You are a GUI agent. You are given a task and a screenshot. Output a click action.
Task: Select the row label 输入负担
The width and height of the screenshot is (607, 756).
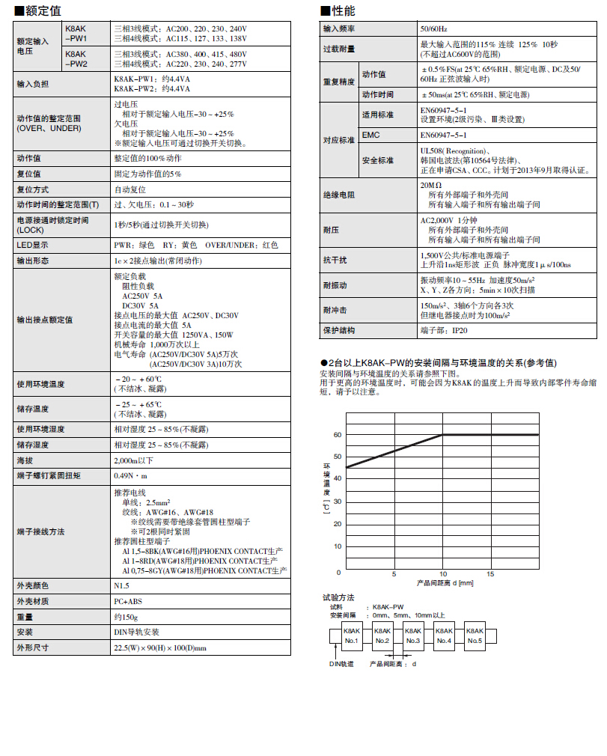(x=33, y=84)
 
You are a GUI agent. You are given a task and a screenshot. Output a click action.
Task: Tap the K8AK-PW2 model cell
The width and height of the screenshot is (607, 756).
(x=77, y=59)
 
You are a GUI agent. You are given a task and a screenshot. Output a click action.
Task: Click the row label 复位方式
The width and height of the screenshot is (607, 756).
(x=33, y=189)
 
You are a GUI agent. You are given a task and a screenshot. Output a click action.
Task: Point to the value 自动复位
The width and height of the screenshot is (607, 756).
(x=130, y=189)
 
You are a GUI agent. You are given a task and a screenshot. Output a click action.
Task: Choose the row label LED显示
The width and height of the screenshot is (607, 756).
(x=33, y=245)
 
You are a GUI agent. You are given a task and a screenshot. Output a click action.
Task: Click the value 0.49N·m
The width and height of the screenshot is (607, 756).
(x=131, y=475)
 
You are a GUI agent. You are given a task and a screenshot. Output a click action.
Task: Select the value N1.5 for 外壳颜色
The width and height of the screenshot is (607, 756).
(x=121, y=585)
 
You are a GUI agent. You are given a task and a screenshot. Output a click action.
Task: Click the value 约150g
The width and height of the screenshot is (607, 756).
(x=126, y=617)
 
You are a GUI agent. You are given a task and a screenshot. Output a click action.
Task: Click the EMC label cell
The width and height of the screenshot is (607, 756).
(x=372, y=135)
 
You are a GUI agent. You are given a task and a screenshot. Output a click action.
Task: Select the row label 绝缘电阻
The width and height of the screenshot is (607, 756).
(x=338, y=194)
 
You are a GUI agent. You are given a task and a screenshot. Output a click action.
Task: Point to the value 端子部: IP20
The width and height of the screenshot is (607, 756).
(x=445, y=329)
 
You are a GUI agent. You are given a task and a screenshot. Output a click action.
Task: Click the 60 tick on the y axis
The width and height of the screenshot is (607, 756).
(x=338, y=434)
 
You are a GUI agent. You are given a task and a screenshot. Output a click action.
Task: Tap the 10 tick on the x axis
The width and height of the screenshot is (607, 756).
(x=442, y=574)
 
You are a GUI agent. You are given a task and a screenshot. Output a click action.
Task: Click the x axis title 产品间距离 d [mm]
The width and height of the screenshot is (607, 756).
(x=445, y=582)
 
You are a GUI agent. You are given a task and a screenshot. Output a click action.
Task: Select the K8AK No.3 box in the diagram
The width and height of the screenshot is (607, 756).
(x=413, y=636)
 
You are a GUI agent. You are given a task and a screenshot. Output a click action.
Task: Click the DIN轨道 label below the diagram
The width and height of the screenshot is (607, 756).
(x=341, y=663)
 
